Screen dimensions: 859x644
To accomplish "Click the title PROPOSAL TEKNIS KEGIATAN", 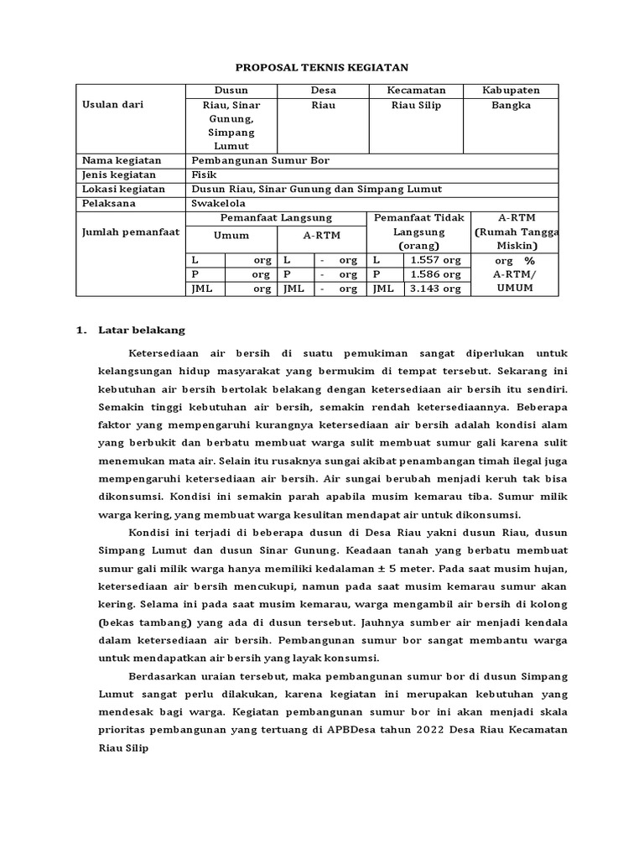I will point(321,68).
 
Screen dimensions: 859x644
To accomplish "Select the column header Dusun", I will point(231,91).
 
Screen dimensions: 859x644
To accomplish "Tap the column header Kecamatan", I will point(416,91).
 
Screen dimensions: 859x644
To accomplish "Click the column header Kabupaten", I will point(511,91).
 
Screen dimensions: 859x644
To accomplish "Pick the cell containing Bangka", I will point(511,106).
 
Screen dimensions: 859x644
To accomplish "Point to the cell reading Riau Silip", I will point(416,106).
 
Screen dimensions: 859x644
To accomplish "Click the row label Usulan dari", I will point(112,106).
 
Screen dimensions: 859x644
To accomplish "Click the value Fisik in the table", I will point(204,174).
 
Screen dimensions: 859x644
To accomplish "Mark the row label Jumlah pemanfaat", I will point(130,232).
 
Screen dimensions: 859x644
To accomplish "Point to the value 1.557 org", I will point(435,261).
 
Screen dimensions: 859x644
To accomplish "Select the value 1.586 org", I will point(435,274).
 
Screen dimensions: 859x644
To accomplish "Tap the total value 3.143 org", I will point(435,289).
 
